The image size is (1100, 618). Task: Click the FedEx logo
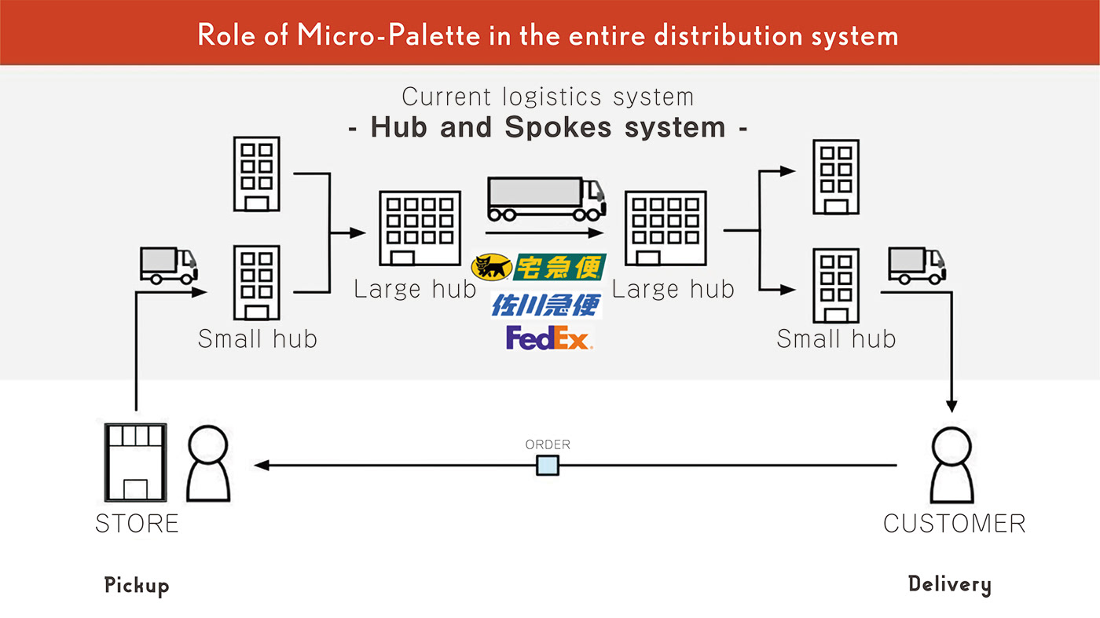(549, 337)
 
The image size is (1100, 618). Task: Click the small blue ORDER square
(548, 466)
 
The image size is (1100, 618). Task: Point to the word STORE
(137, 524)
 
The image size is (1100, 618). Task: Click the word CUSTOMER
(954, 524)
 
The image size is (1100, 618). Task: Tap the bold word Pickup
(137, 586)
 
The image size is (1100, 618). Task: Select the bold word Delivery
(949, 584)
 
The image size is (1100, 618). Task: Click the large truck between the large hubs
(546, 199)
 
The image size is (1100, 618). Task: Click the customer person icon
(951, 464)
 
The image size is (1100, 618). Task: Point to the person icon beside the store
(208, 464)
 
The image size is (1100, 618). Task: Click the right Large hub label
(673, 289)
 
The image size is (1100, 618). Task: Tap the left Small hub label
(257, 338)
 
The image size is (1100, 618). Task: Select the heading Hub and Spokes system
(548, 127)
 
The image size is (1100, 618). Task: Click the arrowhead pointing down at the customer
(951, 406)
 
